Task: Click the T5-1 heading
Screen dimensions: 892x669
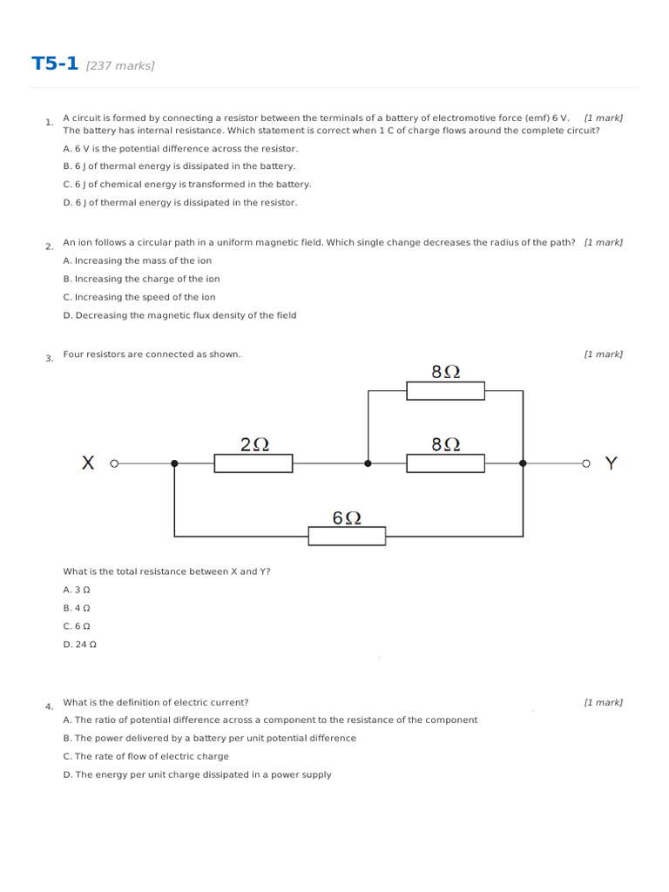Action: pos(55,64)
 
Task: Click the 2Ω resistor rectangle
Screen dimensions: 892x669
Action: pos(253,463)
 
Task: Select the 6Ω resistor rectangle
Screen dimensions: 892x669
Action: pos(347,537)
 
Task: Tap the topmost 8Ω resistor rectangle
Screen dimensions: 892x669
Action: pos(445,391)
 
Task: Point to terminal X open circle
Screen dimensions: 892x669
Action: pos(114,463)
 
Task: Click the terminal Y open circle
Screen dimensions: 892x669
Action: pos(586,463)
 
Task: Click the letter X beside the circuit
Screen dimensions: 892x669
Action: pos(88,463)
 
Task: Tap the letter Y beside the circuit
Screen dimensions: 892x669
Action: pos(611,463)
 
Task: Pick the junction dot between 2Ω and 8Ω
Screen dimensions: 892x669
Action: pos(368,463)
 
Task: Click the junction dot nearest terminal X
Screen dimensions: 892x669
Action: pos(174,463)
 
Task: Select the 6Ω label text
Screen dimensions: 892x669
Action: pos(347,517)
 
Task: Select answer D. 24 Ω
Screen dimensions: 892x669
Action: pos(79,645)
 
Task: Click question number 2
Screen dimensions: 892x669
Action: pos(49,247)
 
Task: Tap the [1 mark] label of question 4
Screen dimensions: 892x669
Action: pos(603,702)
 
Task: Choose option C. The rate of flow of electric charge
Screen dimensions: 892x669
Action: pos(145,756)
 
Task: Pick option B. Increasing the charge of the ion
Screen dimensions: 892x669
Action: pos(141,279)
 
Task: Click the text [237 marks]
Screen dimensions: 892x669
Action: pos(120,66)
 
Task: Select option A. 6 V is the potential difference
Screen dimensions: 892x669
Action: pos(179,148)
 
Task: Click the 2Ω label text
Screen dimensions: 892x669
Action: pos(253,444)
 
